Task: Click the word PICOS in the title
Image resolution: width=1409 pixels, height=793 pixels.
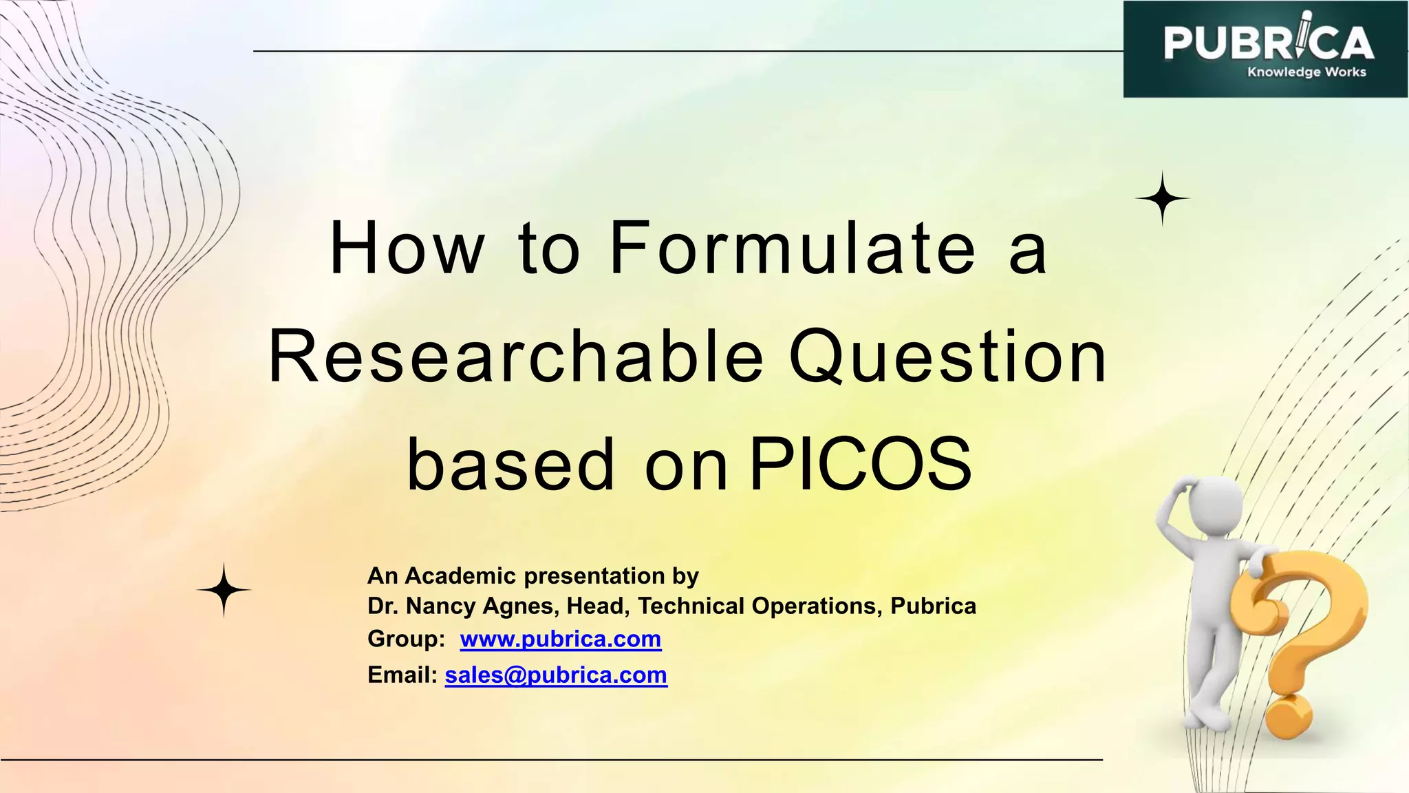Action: click(860, 465)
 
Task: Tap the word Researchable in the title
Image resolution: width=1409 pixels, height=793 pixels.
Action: click(516, 358)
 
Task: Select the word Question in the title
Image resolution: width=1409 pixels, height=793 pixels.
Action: click(947, 358)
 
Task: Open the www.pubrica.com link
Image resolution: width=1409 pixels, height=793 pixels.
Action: click(561, 639)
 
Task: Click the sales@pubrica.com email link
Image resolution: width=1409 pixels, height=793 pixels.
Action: click(556, 675)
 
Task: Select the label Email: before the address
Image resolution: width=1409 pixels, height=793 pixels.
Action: click(402, 675)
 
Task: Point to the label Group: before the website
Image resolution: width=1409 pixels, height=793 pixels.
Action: click(407, 639)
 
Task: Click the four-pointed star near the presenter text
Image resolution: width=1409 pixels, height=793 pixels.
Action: click(224, 590)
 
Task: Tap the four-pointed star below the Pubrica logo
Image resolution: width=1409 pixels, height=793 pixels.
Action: click(1162, 198)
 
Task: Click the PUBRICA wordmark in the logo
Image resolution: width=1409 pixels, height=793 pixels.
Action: click(1267, 43)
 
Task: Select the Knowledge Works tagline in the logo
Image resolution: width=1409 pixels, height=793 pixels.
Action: click(1306, 72)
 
